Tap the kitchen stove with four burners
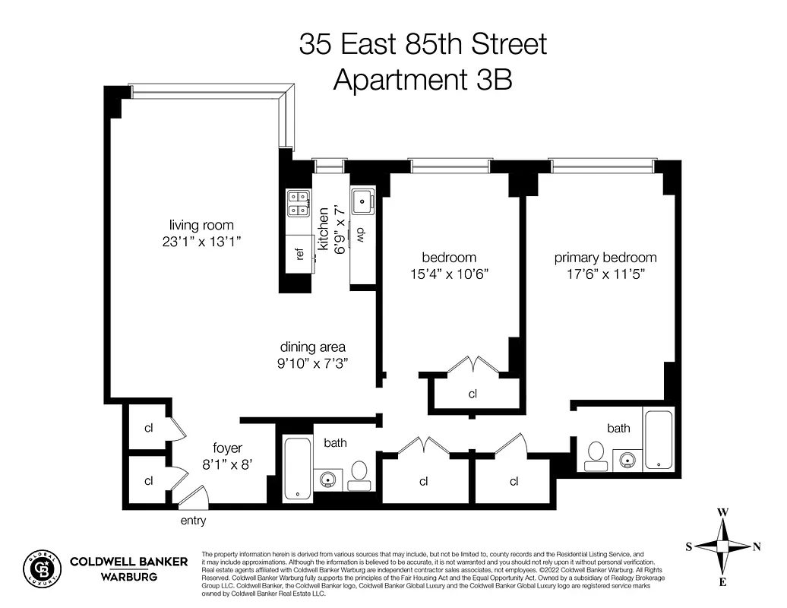[x=297, y=201]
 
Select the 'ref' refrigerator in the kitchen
[x=299, y=254]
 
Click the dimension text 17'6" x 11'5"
[x=605, y=274]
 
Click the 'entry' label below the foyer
[x=193, y=521]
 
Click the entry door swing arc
[x=191, y=495]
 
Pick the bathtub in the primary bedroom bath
[x=658, y=440]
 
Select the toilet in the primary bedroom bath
[x=594, y=454]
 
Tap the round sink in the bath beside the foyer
[x=328, y=480]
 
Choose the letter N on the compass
[x=757, y=546]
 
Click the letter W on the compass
[x=724, y=513]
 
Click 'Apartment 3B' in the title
[x=422, y=79]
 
